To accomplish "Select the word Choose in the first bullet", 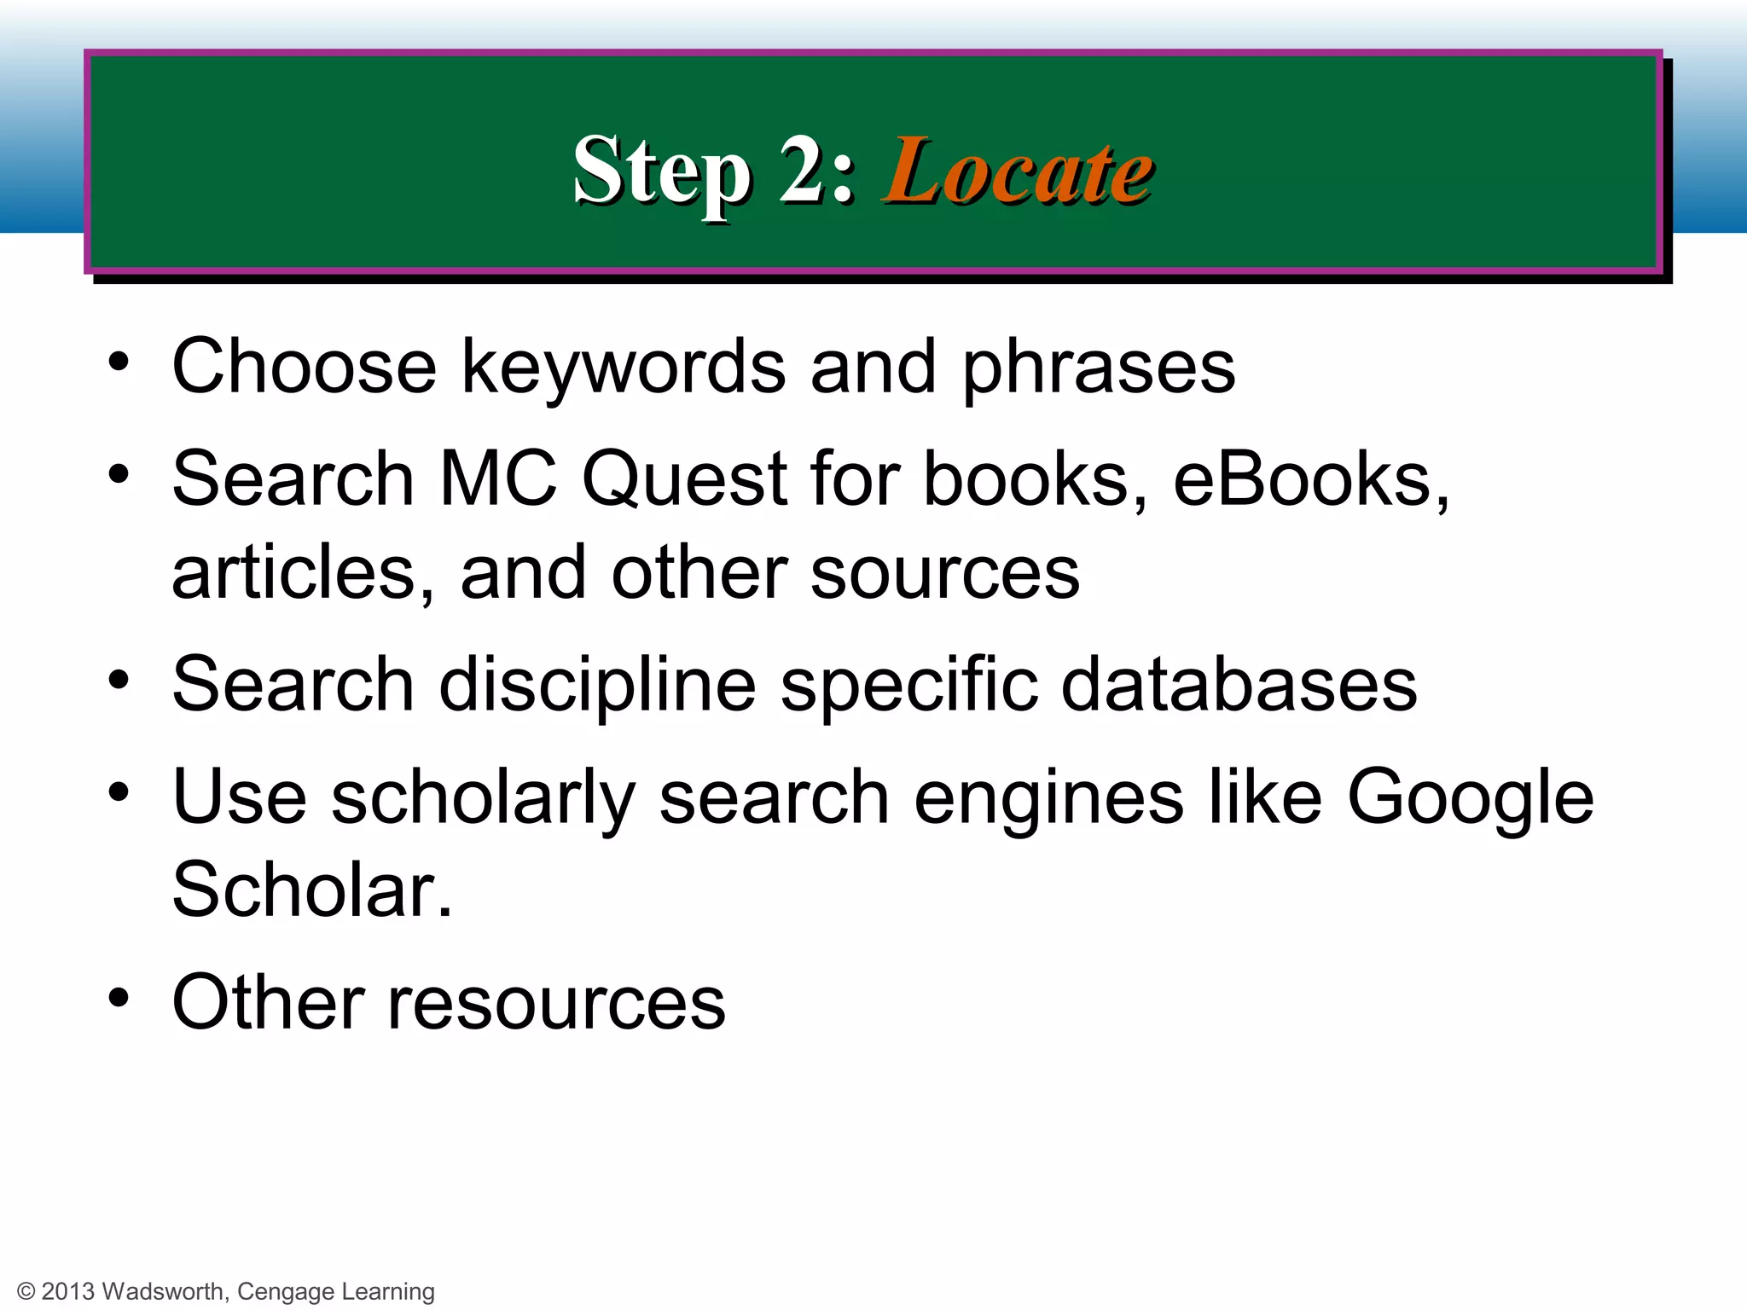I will coord(305,367).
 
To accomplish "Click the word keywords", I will coord(624,367).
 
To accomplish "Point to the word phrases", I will coord(1099,367).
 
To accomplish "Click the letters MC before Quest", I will coord(497,479).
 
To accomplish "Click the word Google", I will coord(1470,797).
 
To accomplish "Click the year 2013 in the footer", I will coord(67,1292).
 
